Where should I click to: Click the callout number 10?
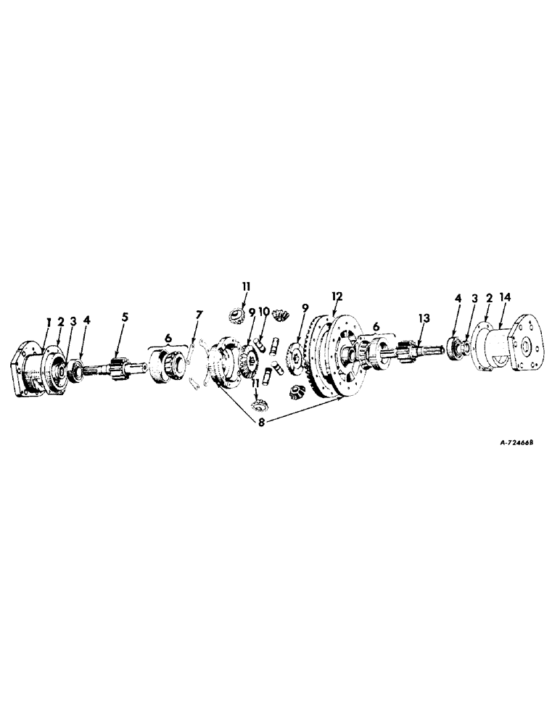(263, 312)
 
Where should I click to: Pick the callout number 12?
(336, 297)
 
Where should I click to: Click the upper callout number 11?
(246, 286)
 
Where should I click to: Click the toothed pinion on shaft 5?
(119, 365)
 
